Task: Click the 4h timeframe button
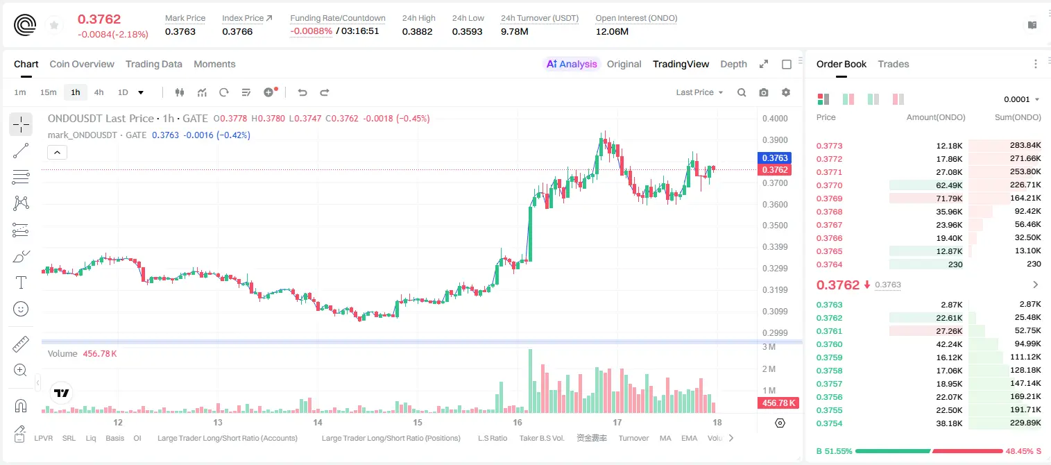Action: click(x=99, y=92)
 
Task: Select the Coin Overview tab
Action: click(x=82, y=64)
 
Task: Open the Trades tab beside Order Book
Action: click(x=894, y=64)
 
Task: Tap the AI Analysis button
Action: click(x=572, y=64)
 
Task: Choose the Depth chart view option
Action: click(x=733, y=64)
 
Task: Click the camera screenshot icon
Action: click(x=764, y=92)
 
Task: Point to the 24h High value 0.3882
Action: click(x=417, y=31)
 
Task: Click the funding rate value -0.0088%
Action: click(x=311, y=31)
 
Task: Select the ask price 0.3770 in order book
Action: click(x=829, y=185)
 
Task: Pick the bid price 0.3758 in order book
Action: click(x=829, y=371)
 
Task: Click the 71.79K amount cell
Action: click(x=949, y=198)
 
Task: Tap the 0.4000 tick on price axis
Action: click(x=775, y=118)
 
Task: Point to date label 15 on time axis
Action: click(x=418, y=422)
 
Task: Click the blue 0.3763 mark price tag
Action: click(x=775, y=158)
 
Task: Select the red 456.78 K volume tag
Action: click(x=778, y=403)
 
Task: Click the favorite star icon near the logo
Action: click(x=54, y=25)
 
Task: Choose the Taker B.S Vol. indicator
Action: click(x=541, y=438)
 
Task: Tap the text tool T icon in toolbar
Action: click(x=21, y=282)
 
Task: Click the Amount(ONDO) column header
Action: click(x=936, y=117)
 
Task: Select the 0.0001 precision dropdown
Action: click(x=1021, y=99)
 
